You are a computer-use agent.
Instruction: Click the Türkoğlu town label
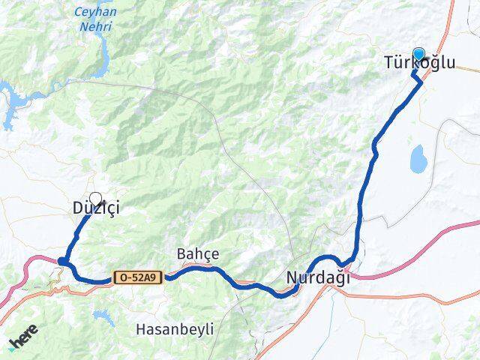pos(419,64)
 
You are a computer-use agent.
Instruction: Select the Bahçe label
pos(198,253)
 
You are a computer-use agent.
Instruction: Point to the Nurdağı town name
pos(318,277)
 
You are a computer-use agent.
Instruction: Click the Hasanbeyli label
pos(175,328)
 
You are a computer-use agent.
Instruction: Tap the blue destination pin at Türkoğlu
pos(418,54)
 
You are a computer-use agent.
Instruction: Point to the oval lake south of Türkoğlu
pos(418,158)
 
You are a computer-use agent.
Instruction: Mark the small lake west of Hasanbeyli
pos(104,318)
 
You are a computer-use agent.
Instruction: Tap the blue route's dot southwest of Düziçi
pos(63,261)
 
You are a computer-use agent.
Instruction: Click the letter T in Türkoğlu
pos(388,64)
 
